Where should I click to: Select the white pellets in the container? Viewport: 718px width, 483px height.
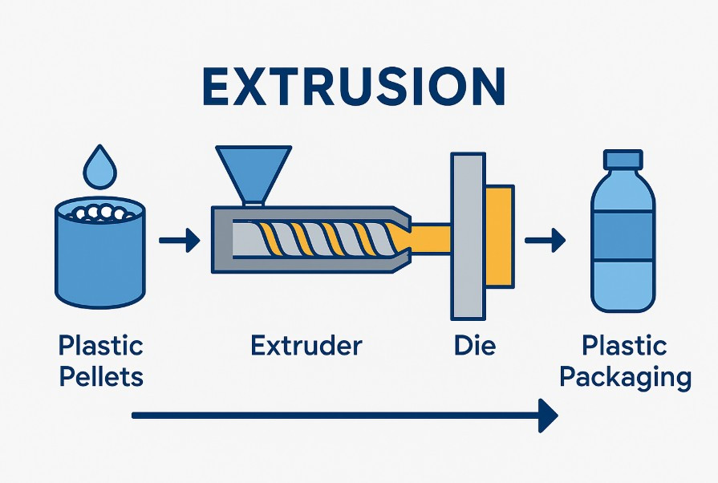click(x=99, y=212)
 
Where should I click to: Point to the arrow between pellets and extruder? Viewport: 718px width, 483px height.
click(x=178, y=240)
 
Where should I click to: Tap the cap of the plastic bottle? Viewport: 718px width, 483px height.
click(x=623, y=160)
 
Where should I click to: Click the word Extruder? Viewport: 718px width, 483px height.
click(x=306, y=347)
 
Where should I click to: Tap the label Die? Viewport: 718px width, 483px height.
click(x=474, y=347)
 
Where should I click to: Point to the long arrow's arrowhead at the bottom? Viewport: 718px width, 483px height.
click(x=549, y=416)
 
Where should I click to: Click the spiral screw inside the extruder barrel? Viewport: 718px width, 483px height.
click(x=316, y=239)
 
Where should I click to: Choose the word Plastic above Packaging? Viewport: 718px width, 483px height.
click(x=624, y=347)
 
